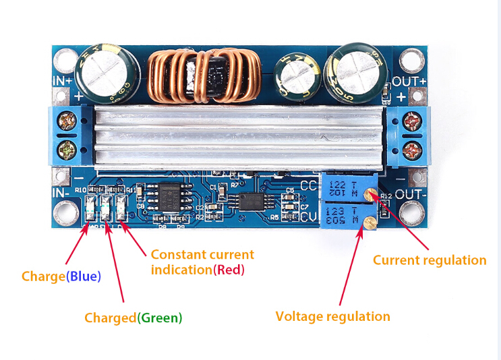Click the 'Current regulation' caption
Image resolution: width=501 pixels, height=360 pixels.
430,260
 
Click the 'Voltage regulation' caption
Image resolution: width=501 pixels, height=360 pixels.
332,316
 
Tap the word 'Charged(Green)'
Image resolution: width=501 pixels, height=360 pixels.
133,317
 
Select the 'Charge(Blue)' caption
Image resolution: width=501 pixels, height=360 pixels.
61,276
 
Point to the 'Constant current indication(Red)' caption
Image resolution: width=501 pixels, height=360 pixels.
202,262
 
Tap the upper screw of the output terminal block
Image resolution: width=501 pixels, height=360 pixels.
410,123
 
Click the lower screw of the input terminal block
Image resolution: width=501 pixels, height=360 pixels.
67,146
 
